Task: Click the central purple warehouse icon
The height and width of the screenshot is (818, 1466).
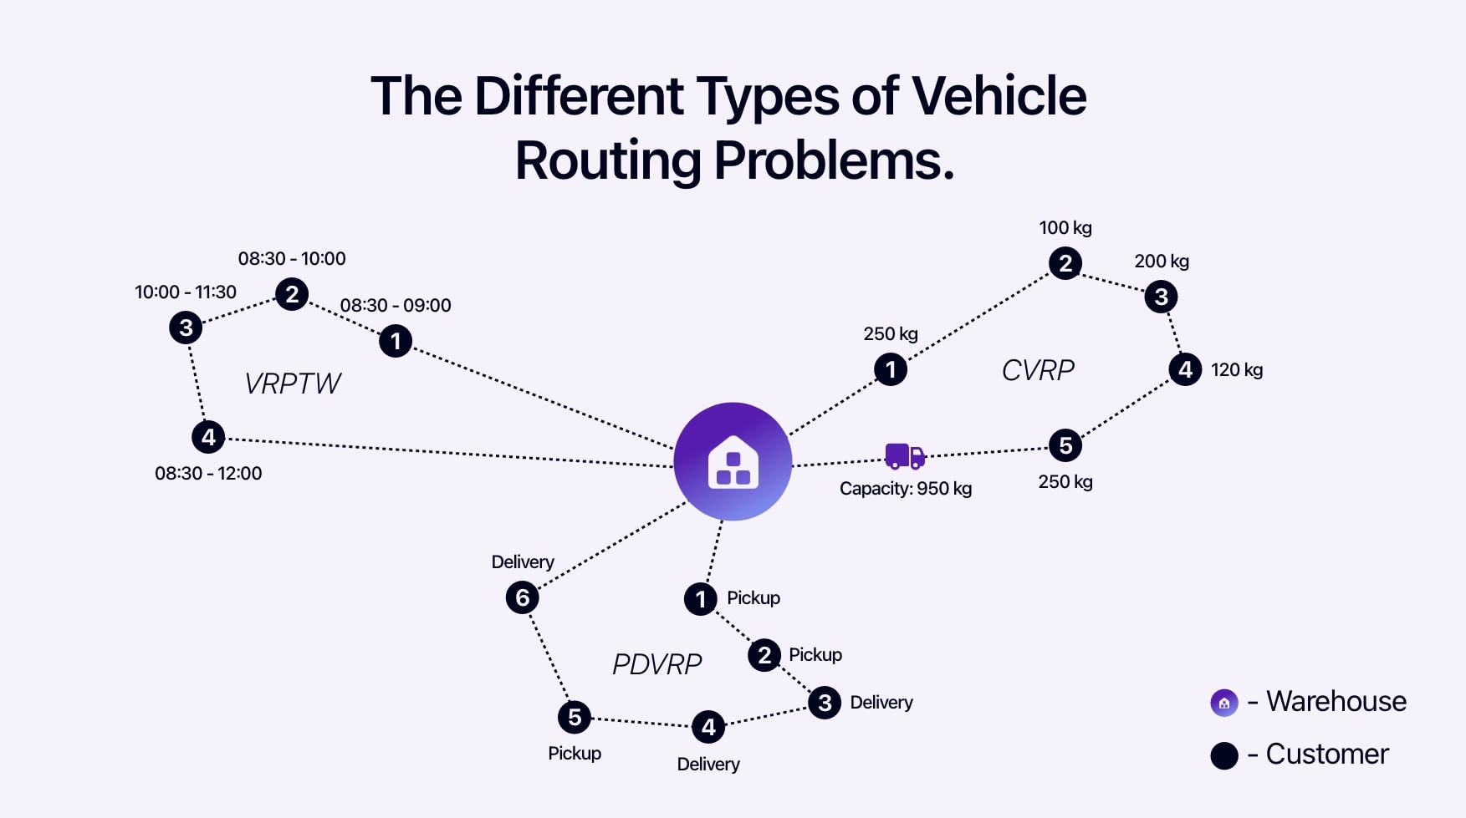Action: click(733, 461)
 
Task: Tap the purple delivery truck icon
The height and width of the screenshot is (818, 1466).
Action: click(905, 456)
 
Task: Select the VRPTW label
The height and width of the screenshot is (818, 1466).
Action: click(293, 384)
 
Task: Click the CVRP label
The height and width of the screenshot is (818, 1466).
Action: click(1038, 370)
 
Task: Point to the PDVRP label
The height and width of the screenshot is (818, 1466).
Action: click(656, 664)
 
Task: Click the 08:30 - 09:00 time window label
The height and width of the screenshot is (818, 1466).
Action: click(396, 306)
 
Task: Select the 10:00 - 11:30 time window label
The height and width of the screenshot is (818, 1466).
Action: click(186, 292)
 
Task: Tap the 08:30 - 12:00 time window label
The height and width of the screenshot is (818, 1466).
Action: click(208, 474)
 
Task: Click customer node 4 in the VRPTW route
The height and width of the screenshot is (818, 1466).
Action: click(208, 437)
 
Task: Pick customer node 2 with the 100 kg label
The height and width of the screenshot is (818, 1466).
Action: click(1065, 264)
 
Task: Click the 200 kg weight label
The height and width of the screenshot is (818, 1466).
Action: click(1162, 262)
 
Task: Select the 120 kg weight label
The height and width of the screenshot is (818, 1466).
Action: click(1237, 370)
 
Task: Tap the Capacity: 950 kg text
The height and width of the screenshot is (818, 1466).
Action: click(906, 489)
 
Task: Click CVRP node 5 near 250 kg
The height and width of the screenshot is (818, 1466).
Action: click(1065, 445)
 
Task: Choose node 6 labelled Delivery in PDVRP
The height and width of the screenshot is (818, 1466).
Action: click(523, 597)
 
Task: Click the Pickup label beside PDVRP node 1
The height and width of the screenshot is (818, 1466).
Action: click(753, 598)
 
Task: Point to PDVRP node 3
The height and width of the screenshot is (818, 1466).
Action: click(825, 703)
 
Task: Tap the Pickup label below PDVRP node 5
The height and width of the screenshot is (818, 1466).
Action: click(575, 754)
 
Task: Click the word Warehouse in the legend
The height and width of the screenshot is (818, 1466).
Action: click(1336, 702)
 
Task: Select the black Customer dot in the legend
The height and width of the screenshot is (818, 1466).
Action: click(1224, 755)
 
